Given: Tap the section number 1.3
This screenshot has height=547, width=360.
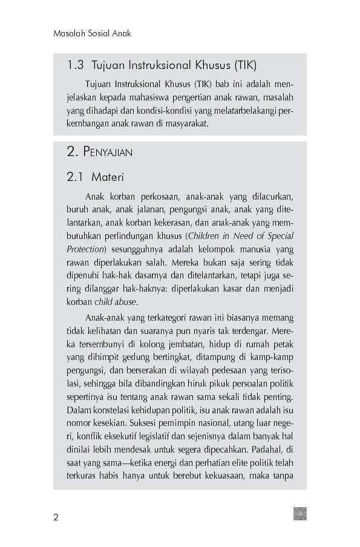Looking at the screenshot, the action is (x=76, y=65).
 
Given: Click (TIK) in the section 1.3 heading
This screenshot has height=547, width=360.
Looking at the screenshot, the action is (x=247, y=65).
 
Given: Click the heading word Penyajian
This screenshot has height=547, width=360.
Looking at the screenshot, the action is (x=106, y=152).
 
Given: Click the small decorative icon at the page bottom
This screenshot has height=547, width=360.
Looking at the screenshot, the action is (x=300, y=514).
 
